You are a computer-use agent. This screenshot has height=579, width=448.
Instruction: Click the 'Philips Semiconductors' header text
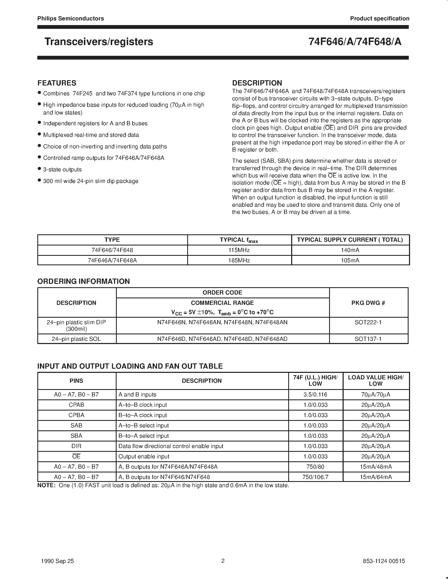point(71,19)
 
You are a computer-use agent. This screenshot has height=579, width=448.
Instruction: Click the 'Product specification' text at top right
point(379,19)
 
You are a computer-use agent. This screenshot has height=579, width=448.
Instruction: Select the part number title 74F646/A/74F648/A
point(355,42)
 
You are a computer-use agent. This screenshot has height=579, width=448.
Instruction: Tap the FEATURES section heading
point(57,83)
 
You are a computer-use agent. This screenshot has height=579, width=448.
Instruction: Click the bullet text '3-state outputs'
point(62,169)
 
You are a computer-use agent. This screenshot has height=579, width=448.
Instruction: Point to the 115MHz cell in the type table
point(239,250)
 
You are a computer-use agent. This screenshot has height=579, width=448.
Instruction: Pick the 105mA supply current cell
point(350,260)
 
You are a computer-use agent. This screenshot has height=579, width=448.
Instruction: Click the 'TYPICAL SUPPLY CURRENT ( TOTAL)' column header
point(350,240)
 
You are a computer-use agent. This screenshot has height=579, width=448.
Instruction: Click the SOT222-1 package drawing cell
point(368,322)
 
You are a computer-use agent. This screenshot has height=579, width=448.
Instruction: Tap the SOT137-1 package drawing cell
point(368,339)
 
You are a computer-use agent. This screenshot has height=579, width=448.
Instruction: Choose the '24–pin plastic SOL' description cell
point(77,339)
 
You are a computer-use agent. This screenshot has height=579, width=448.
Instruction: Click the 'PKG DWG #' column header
point(368,303)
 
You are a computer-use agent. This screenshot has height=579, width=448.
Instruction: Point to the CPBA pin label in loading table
point(77,415)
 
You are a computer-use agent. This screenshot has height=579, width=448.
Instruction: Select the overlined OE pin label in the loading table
point(77,456)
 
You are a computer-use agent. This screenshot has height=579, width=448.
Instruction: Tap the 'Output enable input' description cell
point(144,456)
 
